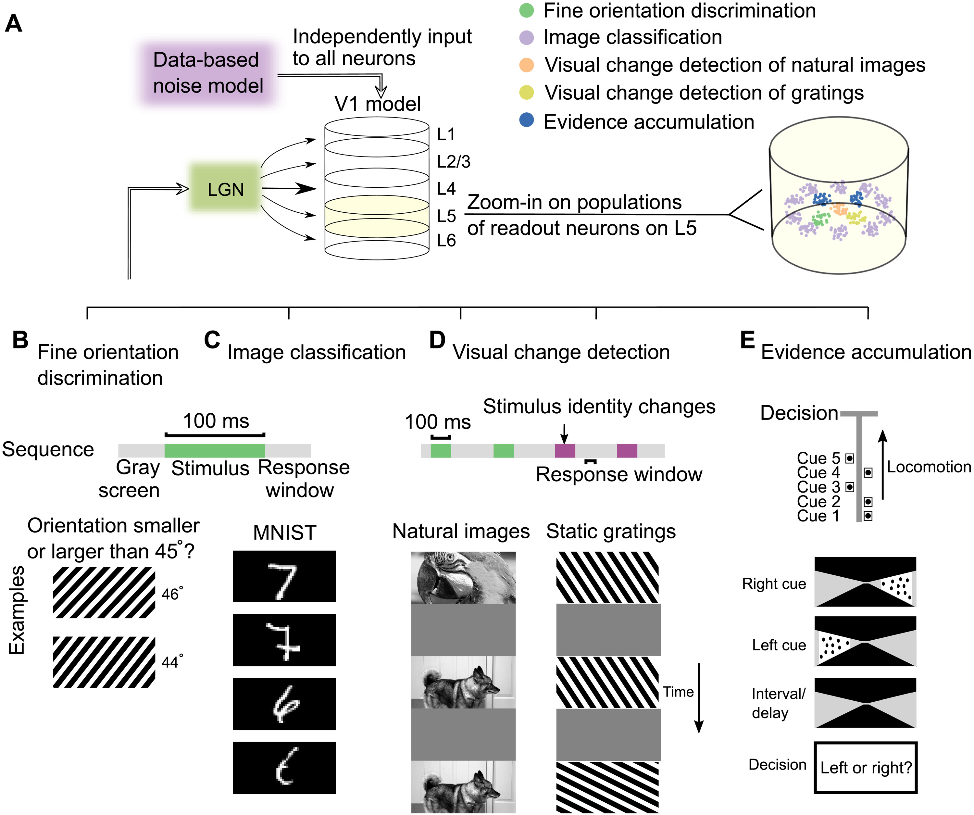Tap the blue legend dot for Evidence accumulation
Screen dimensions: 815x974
coord(526,120)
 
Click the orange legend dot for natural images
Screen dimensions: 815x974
coord(526,65)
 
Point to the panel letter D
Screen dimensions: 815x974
coord(437,340)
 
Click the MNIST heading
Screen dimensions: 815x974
coord(284,532)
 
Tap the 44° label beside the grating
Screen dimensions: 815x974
coord(172,661)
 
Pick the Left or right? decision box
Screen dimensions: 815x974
coord(866,768)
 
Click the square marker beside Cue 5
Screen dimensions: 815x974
coord(850,458)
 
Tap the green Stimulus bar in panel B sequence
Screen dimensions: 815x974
coord(214,450)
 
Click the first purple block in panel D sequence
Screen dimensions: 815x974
coord(565,450)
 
